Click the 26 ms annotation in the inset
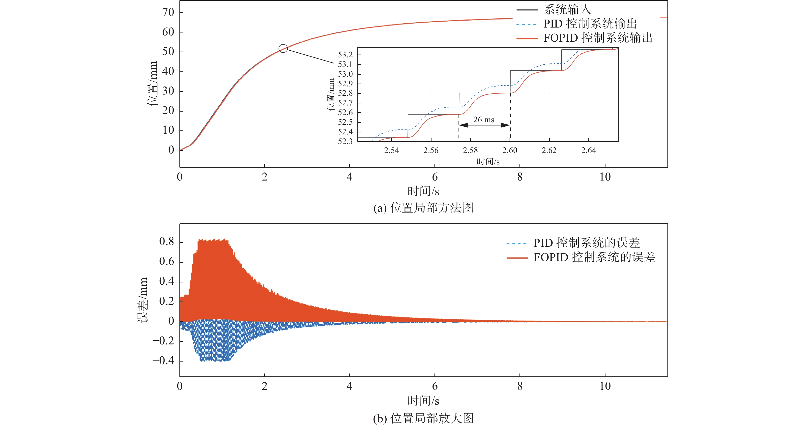(484, 120)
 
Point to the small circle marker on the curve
(283, 48)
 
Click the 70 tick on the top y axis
(168, 12)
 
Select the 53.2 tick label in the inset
(345, 55)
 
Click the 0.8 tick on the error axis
(167, 242)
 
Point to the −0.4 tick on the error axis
(163, 361)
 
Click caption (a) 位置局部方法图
(423, 208)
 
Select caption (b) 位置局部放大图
(423, 418)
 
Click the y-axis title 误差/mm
(143, 300)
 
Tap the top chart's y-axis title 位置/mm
(152, 84)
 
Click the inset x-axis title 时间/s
(488, 162)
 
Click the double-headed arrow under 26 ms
(484, 125)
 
